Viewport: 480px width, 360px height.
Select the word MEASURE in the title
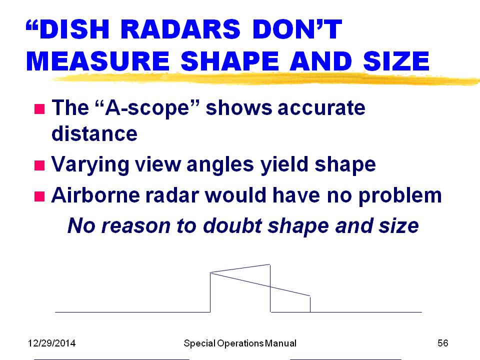tap(98, 61)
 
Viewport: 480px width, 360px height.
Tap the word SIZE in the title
tap(396, 61)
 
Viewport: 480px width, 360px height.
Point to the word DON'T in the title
tap(297, 29)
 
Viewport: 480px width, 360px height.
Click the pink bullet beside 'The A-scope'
tap(39, 108)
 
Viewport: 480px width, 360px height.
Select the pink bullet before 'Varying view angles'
tap(39, 165)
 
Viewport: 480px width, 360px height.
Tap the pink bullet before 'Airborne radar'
tap(39, 196)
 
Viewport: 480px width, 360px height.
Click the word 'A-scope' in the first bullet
tap(147, 108)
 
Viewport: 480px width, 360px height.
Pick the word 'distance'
tap(94, 133)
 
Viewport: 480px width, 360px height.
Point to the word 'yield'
tap(284, 164)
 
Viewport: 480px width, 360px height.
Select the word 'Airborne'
tap(95, 195)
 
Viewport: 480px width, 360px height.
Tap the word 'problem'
tap(400, 196)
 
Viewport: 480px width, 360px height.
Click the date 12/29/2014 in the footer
tap(51, 343)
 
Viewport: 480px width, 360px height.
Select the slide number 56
tap(442, 343)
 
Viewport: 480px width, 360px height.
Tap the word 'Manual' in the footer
tap(280, 343)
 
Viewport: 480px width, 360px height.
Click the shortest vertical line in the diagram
tap(310, 304)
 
